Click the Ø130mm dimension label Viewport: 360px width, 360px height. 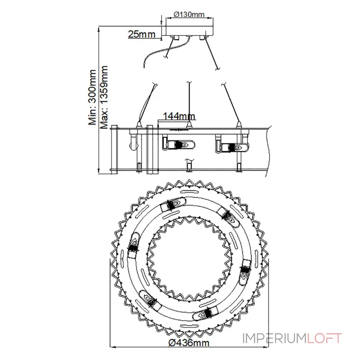click(x=189, y=14)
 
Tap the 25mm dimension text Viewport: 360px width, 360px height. click(x=142, y=34)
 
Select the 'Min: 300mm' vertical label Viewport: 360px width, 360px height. click(x=92, y=98)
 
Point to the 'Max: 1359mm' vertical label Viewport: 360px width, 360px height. click(x=104, y=97)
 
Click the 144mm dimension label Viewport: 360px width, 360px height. click(x=179, y=116)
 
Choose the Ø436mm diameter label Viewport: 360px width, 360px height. click(x=189, y=343)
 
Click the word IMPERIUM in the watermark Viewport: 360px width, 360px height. click(x=275, y=338)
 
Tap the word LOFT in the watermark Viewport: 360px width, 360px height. click(x=324, y=338)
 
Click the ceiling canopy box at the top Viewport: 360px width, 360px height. click(x=189, y=31)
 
